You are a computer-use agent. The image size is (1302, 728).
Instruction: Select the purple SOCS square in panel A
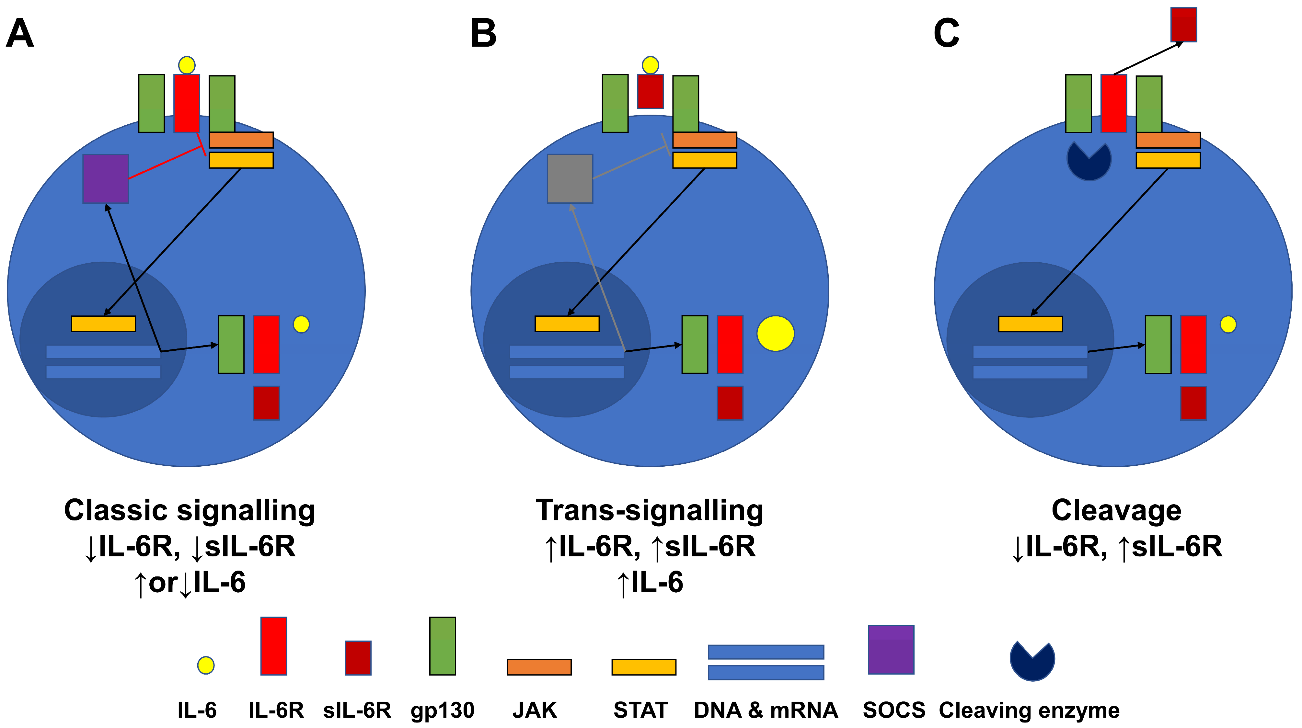point(106,179)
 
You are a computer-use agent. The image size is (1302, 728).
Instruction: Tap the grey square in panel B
point(570,179)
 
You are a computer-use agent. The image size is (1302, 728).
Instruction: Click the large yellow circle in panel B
point(775,334)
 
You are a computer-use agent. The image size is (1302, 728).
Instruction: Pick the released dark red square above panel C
point(1184,24)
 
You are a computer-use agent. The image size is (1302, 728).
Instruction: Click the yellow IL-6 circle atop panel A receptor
point(187,65)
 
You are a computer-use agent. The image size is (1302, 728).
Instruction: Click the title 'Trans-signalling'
point(650,510)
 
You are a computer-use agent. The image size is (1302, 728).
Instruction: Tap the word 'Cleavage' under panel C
point(1116,510)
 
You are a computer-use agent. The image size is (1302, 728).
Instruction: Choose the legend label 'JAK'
point(535,710)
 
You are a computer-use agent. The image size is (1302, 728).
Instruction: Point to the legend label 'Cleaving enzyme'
point(1029,710)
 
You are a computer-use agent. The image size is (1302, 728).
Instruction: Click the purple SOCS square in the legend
point(891,650)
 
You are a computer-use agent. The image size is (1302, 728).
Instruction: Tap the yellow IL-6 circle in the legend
point(206,665)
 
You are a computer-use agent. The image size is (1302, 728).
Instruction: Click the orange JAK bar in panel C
point(1168,140)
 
